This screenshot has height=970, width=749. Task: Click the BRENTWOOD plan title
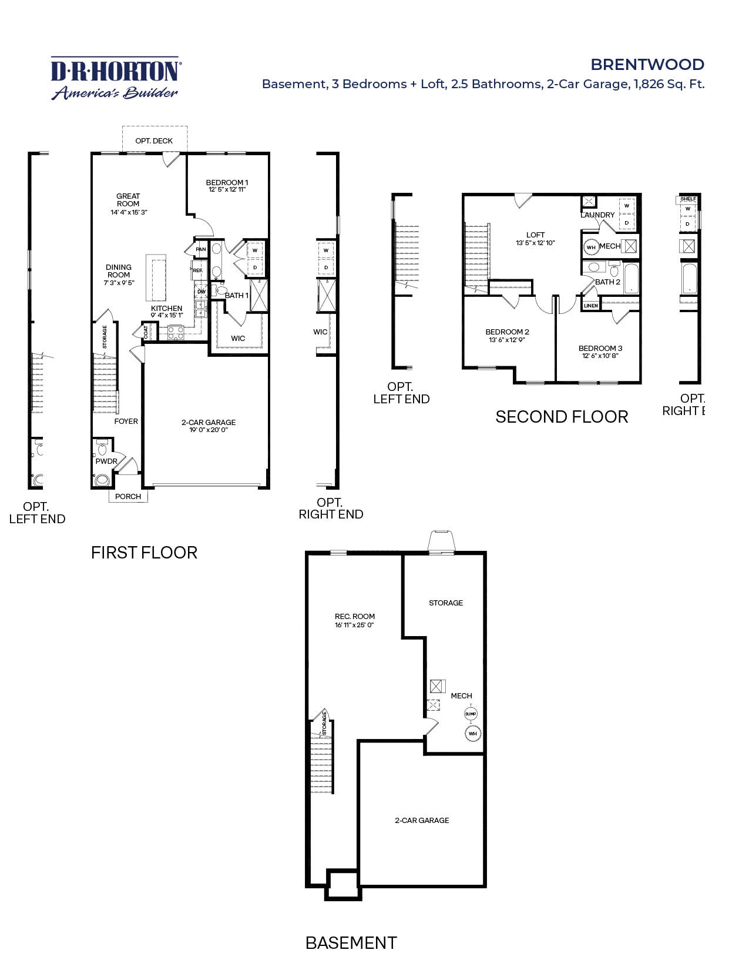point(647,64)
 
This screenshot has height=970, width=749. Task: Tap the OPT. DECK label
point(154,141)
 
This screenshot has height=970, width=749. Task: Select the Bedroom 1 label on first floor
point(227,183)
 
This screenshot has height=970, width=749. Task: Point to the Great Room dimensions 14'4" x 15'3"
point(129,212)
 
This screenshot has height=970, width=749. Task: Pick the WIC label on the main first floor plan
point(238,339)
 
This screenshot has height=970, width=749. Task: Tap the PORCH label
point(128,497)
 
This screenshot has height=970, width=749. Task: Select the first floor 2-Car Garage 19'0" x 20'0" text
point(209,426)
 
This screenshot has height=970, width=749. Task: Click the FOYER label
point(126,422)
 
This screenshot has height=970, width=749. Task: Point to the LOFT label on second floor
point(535,235)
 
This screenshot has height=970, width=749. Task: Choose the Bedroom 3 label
point(600,349)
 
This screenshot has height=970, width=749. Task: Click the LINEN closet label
point(591,306)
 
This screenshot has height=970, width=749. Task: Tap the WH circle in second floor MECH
point(591,247)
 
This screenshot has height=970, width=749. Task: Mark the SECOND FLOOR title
point(562,417)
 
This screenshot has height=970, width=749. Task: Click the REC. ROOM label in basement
point(355,617)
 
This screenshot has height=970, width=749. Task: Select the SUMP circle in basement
point(471,714)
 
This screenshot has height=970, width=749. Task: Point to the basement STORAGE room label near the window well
point(446,603)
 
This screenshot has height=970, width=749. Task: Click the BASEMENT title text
point(351,943)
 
